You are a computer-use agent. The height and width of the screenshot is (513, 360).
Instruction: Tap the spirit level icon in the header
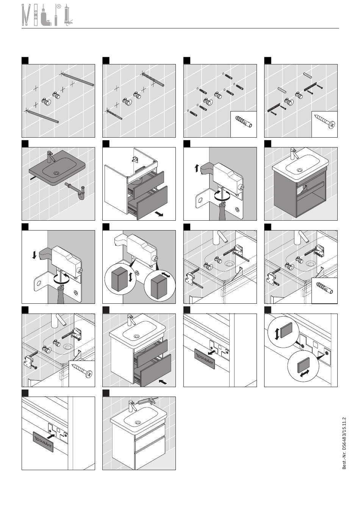pos(36,15)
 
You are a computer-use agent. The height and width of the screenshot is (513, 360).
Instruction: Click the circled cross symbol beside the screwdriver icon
pos(59,6)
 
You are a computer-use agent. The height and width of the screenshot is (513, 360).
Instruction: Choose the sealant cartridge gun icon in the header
pos(68,15)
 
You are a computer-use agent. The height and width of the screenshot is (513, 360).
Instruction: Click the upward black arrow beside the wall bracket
pos(196,168)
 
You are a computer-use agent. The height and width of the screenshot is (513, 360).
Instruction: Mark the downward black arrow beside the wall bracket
pos(34,255)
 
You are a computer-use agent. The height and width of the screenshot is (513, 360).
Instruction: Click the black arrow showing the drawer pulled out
pos(159,214)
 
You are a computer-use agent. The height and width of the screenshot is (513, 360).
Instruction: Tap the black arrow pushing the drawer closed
pos(163,381)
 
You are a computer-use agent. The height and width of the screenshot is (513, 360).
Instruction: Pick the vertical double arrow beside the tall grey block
pos(130,277)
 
